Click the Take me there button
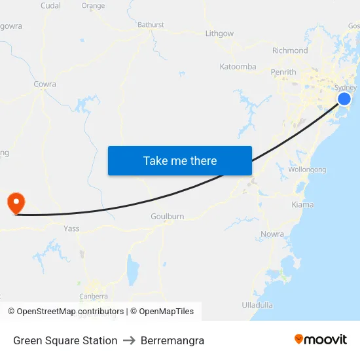point(180,160)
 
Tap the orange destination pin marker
point(14,202)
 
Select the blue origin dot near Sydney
point(344,99)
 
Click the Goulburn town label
point(168,217)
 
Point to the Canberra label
point(94,296)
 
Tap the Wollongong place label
point(307,170)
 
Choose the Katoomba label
point(238,67)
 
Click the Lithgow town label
point(219,33)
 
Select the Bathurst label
point(151,25)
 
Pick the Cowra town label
point(45,84)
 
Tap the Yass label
point(71,228)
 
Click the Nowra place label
point(272,234)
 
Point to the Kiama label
point(302,205)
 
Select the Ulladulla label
point(257,305)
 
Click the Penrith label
point(283,72)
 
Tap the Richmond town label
point(290,50)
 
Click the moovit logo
point(321,340)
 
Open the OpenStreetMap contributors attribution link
point(70,312)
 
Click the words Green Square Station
point(65,340)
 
